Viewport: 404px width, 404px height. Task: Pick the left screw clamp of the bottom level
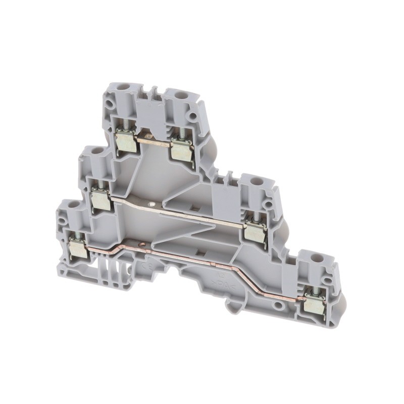click(x=78, y=249)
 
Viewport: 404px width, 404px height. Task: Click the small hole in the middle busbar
click(x=153, y=205)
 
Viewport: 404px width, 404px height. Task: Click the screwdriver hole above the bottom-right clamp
click(x=319, y=257)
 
